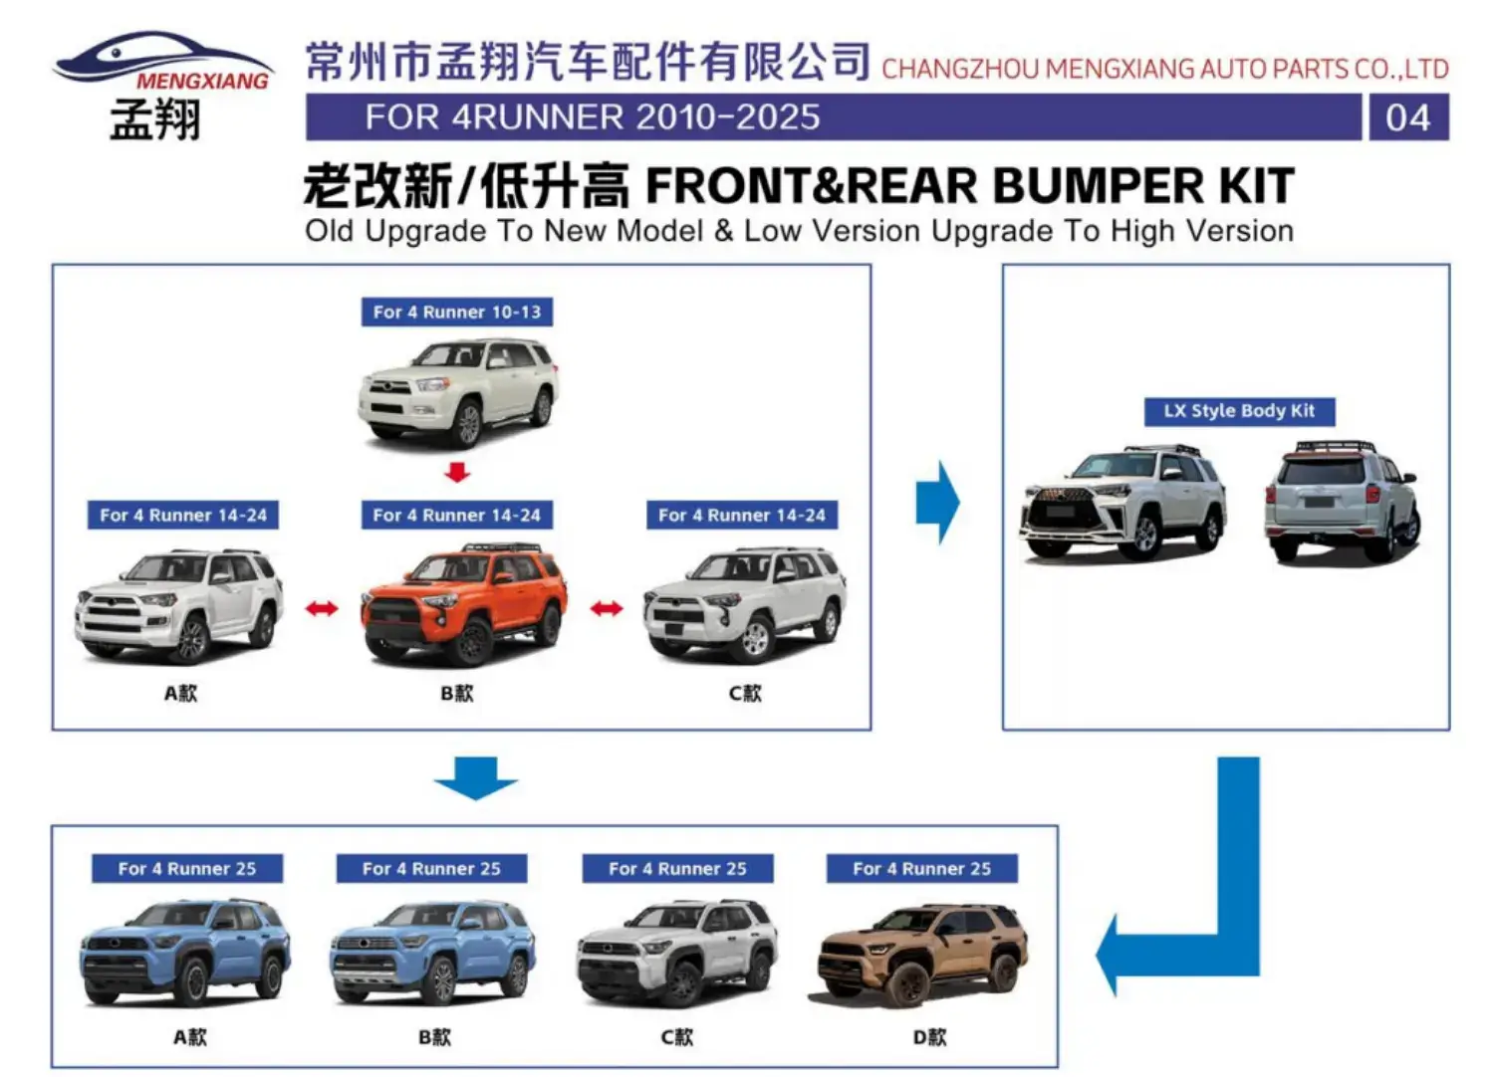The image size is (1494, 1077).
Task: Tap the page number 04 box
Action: point(1407,117)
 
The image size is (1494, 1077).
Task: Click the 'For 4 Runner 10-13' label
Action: point(456,313)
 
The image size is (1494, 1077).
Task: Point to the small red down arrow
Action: point(457,472)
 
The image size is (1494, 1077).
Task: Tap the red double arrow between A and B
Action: point(321,608)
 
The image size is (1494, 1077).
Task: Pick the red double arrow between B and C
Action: point(606,608)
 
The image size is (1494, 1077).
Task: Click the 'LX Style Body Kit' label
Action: point(1238,411)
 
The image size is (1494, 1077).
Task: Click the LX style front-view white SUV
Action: point(1122,503)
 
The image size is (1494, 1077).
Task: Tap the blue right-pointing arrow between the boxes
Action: point(937,501)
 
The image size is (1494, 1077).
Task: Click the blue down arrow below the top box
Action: point(476,777)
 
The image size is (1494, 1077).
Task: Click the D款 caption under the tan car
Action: point(929,1037)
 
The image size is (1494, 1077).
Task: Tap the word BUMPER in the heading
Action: point(1098,186)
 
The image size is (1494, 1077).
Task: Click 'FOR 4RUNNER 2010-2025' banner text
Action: point(593,117)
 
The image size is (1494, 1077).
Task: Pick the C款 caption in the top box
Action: point(744,693)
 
